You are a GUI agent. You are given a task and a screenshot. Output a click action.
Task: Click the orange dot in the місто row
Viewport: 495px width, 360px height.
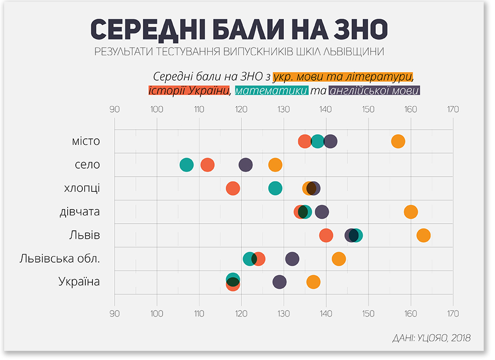click(398, 141)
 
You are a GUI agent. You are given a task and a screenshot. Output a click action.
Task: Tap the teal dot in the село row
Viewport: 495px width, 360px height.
click(186, 165)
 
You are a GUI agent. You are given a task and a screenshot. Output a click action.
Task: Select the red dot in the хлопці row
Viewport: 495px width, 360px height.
click(233, 188)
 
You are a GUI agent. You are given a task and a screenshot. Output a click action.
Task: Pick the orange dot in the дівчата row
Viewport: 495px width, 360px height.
click(411, 212)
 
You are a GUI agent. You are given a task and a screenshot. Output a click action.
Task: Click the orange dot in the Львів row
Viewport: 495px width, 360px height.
click(423, 235)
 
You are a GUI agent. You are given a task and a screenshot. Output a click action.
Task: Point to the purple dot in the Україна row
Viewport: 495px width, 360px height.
click(279, 282)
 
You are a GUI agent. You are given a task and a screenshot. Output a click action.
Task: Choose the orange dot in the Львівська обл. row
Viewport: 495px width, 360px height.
click(339, 259)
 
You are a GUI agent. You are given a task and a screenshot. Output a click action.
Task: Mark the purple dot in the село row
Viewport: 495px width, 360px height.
click(245, 165)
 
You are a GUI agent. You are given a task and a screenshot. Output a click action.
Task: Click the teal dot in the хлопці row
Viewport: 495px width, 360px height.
click(275, 188)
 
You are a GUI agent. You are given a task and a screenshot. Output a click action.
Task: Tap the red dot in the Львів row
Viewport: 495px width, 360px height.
click(326, 235)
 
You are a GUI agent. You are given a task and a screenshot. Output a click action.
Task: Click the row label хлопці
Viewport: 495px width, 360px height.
click(82, 188)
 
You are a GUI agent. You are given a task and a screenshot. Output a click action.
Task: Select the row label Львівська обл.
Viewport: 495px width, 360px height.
click(60, 259)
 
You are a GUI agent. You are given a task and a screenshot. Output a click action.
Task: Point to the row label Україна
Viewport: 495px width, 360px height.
click(79, 282)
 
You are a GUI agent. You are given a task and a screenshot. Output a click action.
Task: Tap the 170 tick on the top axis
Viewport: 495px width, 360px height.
click(453, 109)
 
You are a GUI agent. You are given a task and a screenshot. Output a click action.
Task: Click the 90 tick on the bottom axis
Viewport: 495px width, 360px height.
click(115, 313)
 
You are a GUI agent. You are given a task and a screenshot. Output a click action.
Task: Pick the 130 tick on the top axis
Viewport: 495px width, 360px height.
click(283, 109)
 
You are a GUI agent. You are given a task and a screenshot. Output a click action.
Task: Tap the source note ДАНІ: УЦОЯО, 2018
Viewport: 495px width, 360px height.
click(431, 338)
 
